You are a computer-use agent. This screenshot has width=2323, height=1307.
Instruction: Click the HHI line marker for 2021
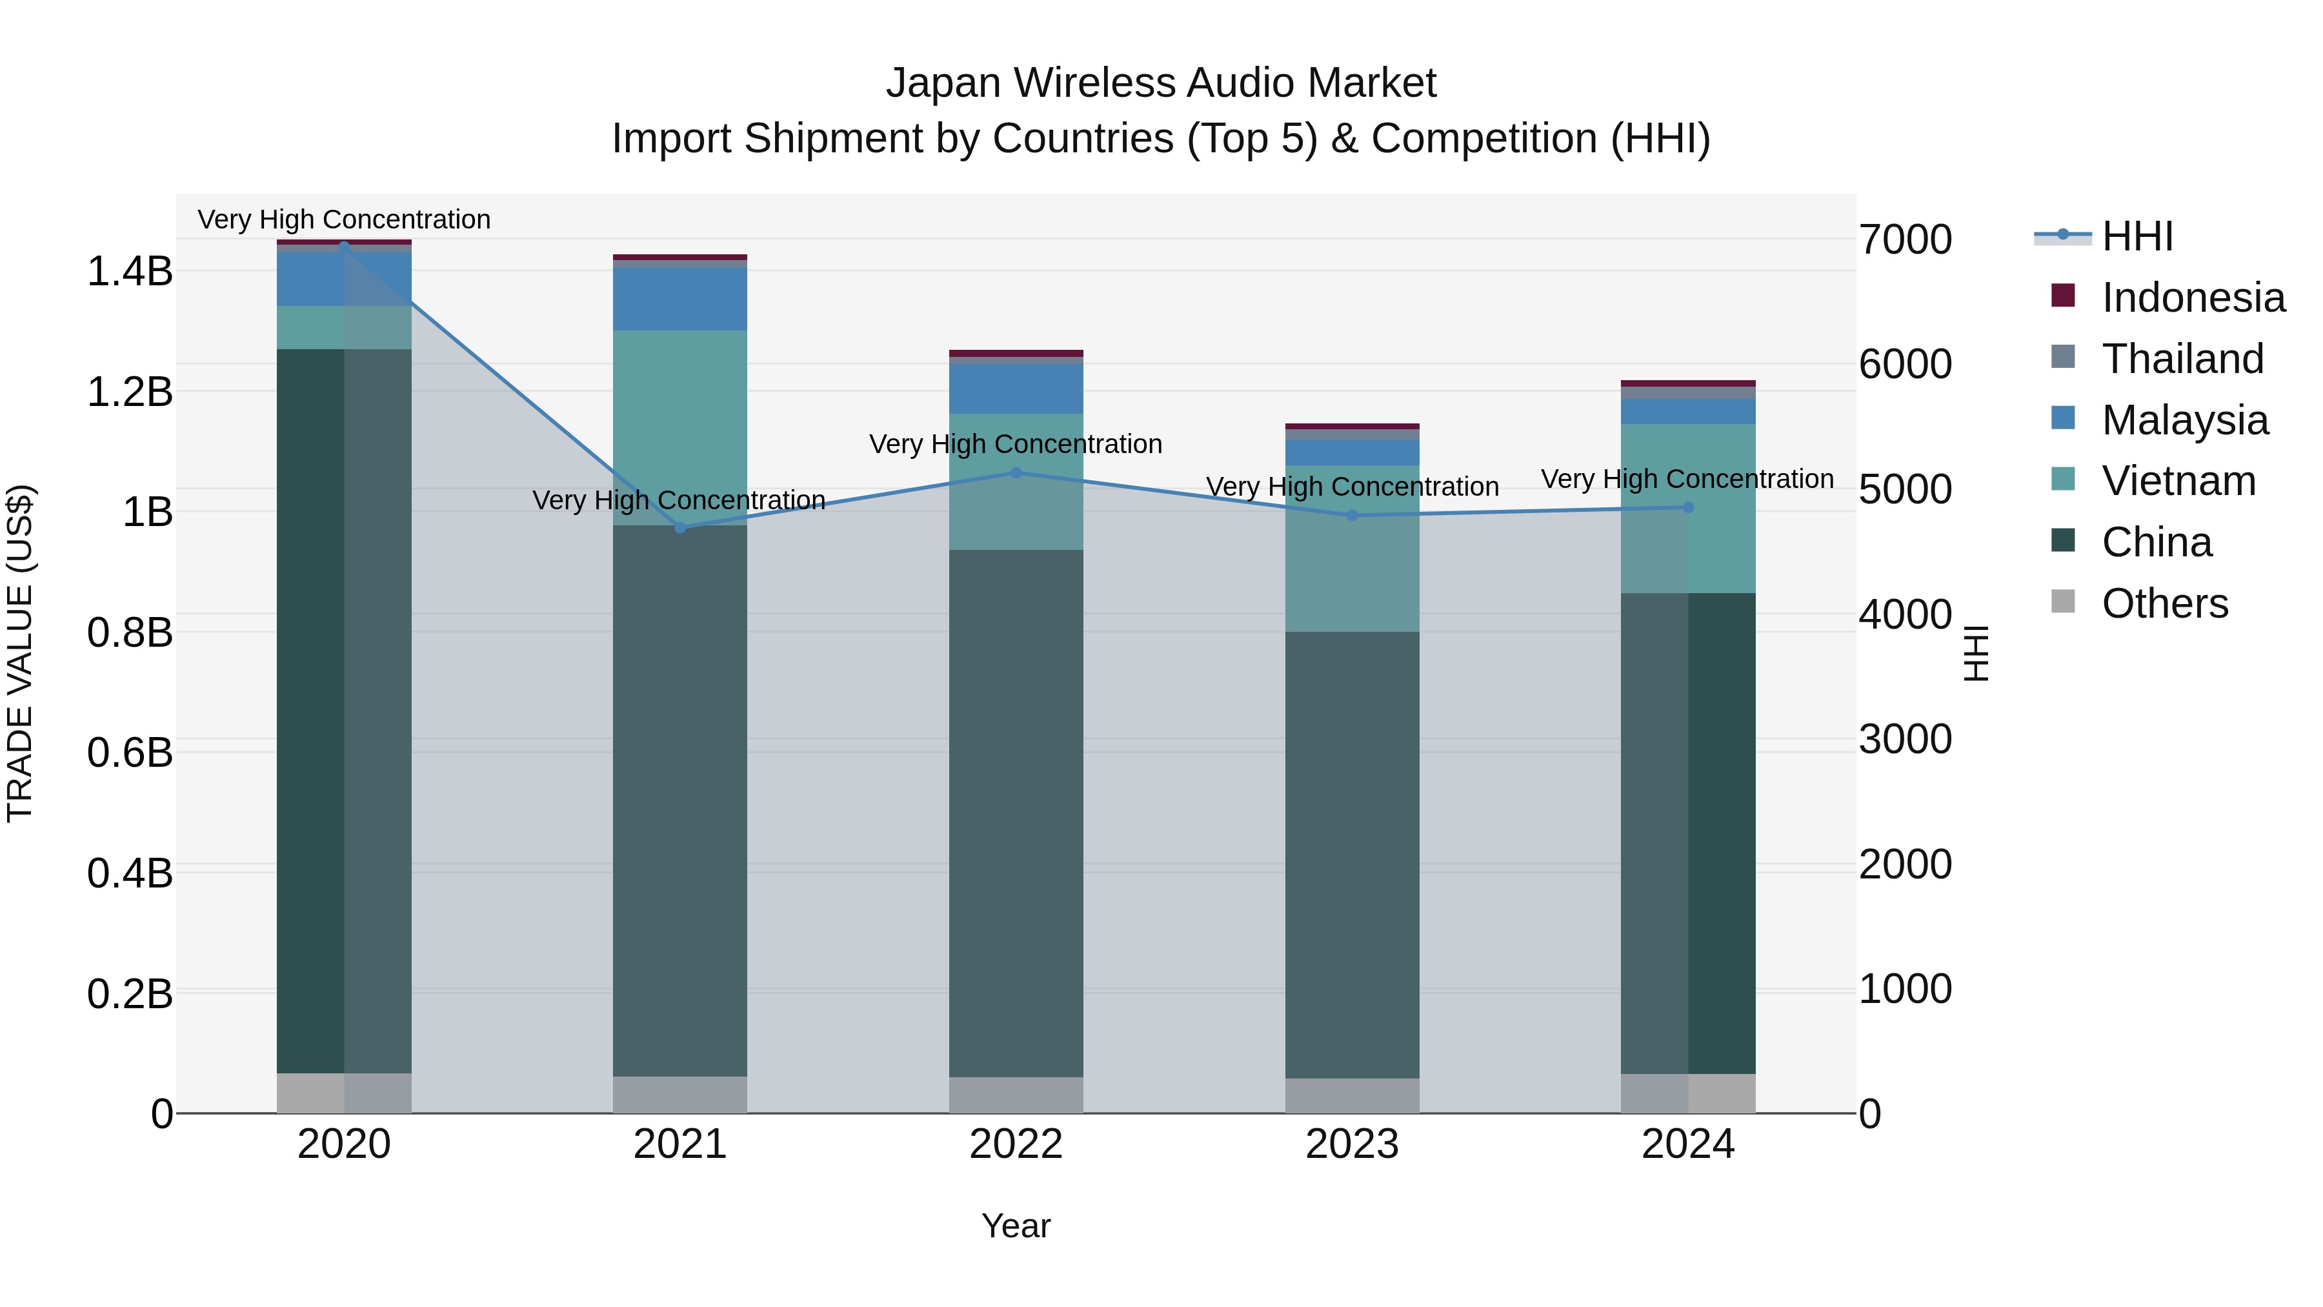coord(680,528)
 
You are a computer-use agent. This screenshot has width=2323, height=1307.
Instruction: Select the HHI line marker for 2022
coord(1016,472)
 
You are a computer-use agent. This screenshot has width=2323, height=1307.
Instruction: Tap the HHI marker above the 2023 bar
coord(1352,516)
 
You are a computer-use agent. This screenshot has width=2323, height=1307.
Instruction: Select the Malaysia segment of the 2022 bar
coord(1016,389)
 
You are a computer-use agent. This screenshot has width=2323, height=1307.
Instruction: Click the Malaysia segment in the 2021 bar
coord(680,299)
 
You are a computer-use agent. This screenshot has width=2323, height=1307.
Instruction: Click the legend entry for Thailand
coord(2182,359)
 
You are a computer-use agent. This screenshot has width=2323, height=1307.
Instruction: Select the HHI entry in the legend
coord(2137,236)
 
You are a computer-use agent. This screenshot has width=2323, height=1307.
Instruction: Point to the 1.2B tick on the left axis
coord(130,392)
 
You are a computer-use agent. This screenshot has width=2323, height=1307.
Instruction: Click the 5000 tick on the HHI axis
coord(1905,490)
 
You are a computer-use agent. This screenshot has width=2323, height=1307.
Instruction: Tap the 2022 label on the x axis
coord(1016,1144)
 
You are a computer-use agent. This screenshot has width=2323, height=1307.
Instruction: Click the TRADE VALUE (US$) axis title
coord(20,653)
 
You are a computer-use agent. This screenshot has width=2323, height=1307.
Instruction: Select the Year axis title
coord(1016,1226)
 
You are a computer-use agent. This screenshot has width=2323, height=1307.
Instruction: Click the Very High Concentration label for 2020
coord(343,219)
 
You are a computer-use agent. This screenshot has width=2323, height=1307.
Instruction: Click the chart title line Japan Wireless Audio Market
coord(1161,83)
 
